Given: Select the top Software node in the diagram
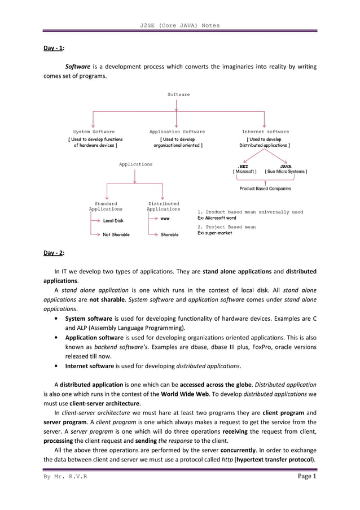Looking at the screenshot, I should click(179, 94).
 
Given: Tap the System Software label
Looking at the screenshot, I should click(94, 132).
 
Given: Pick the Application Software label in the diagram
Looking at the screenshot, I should click(177, 132).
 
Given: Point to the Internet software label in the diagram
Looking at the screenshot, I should click(265, 132).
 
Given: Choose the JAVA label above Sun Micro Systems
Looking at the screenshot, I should click(286, 166).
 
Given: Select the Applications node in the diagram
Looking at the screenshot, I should click(135, 164).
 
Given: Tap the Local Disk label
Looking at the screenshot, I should click(113, 221).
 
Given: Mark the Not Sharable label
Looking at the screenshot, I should click(116, 234).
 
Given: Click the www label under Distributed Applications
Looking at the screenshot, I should click(165, 218).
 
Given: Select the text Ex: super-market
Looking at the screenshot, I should click(215, 233).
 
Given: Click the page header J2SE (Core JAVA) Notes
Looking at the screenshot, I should click(179, 25).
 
